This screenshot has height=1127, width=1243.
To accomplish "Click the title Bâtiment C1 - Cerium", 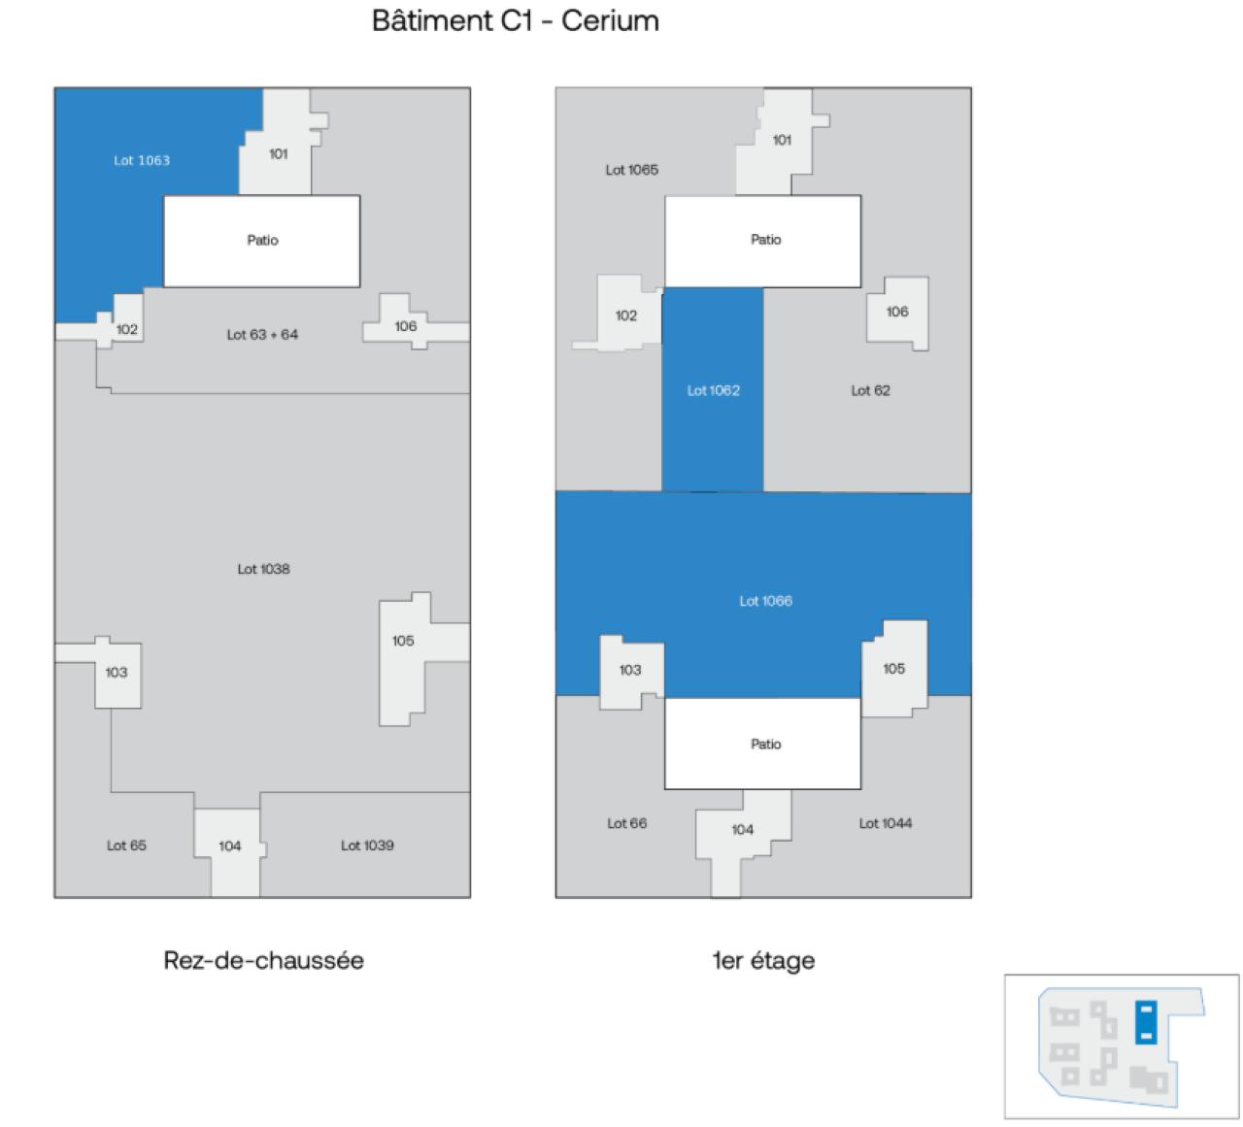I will tap(515, 21).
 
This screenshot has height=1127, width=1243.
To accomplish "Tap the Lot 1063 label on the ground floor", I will tap(142, 160).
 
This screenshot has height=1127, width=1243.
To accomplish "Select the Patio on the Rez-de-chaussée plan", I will tap(262, 241).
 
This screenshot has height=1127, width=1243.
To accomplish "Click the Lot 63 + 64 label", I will tap(262, 335).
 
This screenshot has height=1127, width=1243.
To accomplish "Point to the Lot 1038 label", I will tap(263, 569).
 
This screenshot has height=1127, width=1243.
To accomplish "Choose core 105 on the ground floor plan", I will tap(403, 641).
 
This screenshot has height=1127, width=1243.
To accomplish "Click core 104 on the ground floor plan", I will tap(229, 845).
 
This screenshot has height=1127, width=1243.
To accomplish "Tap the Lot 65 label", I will tap(126, 845).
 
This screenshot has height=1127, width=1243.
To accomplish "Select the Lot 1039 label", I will tap(367, 845).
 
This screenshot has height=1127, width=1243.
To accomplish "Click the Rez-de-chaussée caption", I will tap(263, 961).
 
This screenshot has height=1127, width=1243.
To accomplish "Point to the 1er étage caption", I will tap(763, 961).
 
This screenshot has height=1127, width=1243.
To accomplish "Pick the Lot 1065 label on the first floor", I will tap(631, 170).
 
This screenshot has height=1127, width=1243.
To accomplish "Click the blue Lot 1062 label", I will tap(713, 390).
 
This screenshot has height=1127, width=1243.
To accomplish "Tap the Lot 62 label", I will tap(870, 390).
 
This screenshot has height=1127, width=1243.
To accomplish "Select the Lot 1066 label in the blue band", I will tap(765, 601).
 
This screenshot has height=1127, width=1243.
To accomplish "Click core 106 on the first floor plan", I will tap(897, 312).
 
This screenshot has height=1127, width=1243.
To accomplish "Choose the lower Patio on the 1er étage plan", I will tap(765, 745).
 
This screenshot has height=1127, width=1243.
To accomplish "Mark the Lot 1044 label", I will tap(885, 823).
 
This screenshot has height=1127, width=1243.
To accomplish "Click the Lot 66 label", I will tap(626, 823).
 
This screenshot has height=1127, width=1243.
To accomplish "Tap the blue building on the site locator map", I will tap(1146, 1023).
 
